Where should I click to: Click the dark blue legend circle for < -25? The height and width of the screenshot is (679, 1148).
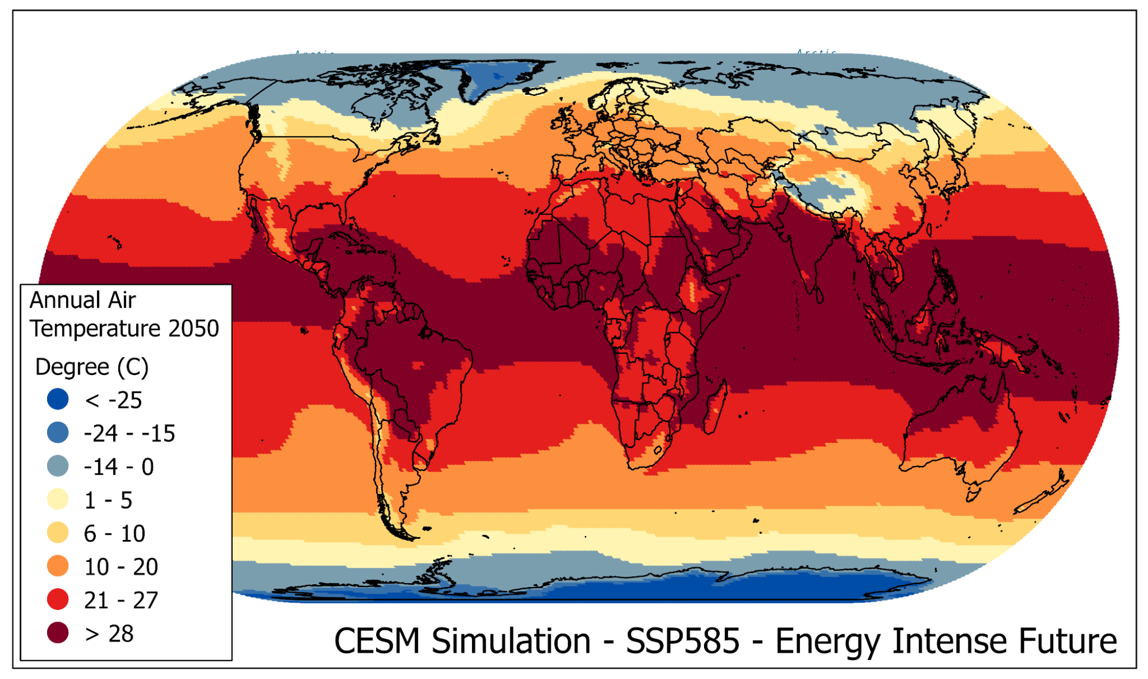click(x=57, y=399)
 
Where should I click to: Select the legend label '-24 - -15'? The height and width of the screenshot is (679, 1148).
click(x=129, y=434)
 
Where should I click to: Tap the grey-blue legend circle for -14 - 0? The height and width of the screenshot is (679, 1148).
click(x=57, y=466)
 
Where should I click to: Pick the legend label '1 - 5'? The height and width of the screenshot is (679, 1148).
click(x=108, y=500)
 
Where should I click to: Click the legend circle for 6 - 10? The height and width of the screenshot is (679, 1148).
click(x=57, y=533)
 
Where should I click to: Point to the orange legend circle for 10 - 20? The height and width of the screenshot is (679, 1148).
click(x=57, y=566)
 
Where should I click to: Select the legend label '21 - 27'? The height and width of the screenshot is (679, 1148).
click(x=121, y=600)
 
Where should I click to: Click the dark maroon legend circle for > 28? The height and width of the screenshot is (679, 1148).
click(x=57, y=632)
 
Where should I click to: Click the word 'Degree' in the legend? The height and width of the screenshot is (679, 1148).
click(x=72, y=367)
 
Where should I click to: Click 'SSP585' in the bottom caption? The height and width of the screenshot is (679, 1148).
click(x=682, y=641)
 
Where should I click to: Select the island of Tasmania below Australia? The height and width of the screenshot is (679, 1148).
click(x=973, y=493)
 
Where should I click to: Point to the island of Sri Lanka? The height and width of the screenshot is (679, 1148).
click(x=819, y=295)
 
